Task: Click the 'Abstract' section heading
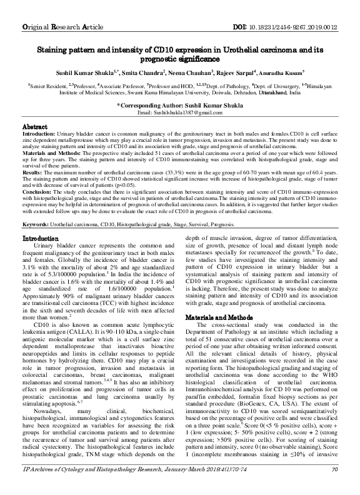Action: click(36, 126)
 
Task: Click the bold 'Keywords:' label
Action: click(35, 223)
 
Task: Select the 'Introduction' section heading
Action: click(41, 238)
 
